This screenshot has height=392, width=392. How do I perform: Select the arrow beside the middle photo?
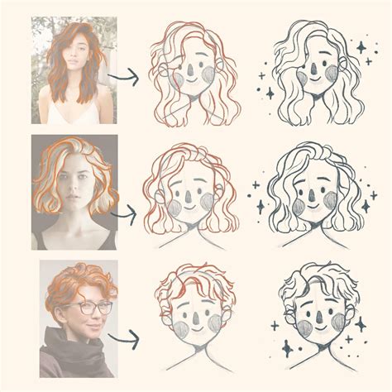[x=125, y=213]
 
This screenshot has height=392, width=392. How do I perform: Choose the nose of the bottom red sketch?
[x=193, y=318]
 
